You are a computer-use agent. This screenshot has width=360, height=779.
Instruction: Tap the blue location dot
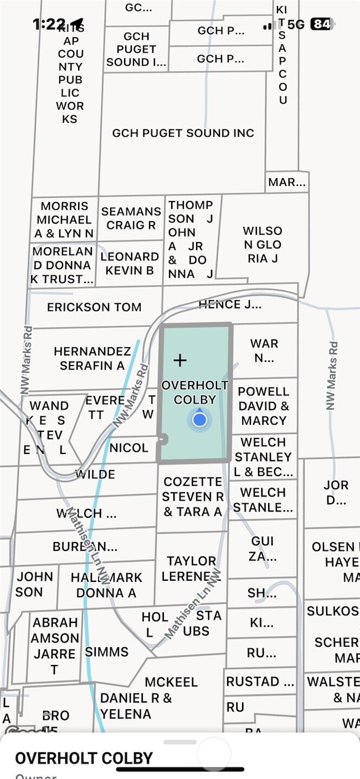click(x=200, y=420)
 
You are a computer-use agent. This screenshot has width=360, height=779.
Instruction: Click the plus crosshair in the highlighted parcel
click(x=180, y=360)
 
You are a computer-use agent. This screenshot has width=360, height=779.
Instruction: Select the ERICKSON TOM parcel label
click(x=94, y=307)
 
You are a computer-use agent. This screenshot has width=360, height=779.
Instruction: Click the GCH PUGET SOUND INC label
click(x=183, y=133)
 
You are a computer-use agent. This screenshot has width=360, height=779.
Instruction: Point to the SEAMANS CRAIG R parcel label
click(x=131, y=218)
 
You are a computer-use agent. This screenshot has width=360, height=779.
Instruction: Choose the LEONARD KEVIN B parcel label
click(x=130, y=263)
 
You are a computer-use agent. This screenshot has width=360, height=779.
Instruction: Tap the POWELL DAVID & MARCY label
click(x=264, y=406)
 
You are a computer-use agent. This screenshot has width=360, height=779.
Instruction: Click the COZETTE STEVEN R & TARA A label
click(x=193, y=497)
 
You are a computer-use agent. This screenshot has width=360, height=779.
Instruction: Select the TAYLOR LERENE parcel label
click(x=191, y=569)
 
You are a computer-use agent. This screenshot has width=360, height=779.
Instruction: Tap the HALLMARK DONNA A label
click(x=107, y=585)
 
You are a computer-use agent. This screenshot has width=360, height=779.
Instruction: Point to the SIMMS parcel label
click(x=106, y=652)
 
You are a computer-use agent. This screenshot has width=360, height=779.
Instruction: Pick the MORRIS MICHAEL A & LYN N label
click(x=64, y=220)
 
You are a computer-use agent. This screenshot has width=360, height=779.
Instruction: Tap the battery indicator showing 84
click(x=322, y=24)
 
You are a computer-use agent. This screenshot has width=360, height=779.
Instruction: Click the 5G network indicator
click(x=296, y=24)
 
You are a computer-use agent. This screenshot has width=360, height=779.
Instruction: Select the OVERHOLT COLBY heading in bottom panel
click(x=84, y=758)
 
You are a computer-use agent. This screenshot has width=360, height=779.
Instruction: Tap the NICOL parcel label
click(x=129, y=447)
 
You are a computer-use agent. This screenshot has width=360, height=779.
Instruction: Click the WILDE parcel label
click(x=95, y=474)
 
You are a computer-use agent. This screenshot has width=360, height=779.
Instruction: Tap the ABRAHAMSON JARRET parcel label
click(x=54, y=646)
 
